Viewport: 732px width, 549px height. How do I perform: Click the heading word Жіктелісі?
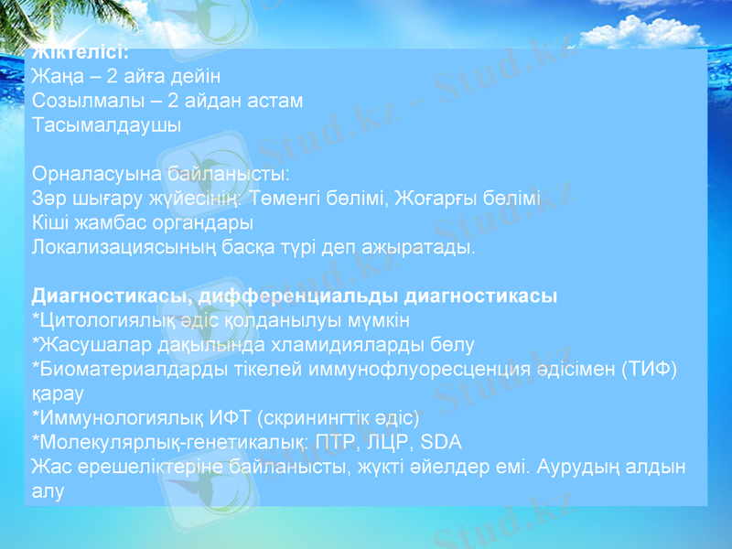[80, 52]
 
